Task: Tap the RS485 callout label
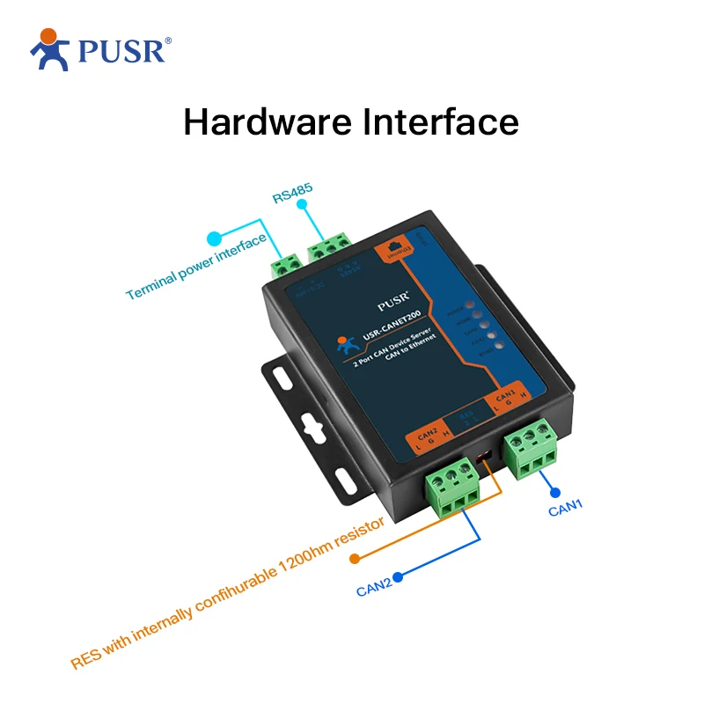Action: pyautogui.click(x=292, y=194)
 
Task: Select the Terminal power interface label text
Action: pyautogui.click(x=195, y=268)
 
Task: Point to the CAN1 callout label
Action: pyautogui.click(x=568, y=508)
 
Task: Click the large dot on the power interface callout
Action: pyautogui.click(x=214, y=238)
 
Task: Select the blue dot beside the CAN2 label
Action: pyautogui.click(x=398, y=578)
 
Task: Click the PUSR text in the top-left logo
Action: pyautogui.click(x=121, y=51)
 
